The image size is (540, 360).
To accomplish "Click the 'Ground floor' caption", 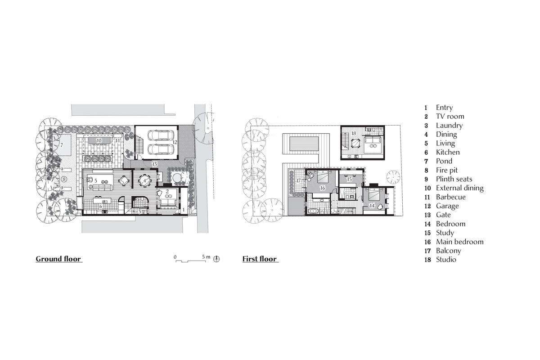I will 58,259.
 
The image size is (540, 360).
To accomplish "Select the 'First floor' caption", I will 259,259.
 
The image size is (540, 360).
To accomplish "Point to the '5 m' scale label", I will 206,256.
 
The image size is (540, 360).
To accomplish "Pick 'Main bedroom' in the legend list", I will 459,242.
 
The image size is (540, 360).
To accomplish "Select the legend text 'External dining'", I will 459,188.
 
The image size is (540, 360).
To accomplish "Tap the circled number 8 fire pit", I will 64,179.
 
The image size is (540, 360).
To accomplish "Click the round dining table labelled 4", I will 144,181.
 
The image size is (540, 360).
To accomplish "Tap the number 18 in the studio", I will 354,133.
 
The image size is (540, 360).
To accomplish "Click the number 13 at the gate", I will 154,164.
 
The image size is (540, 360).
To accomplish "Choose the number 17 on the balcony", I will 298,180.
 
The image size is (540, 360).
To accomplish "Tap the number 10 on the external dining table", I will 99,140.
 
